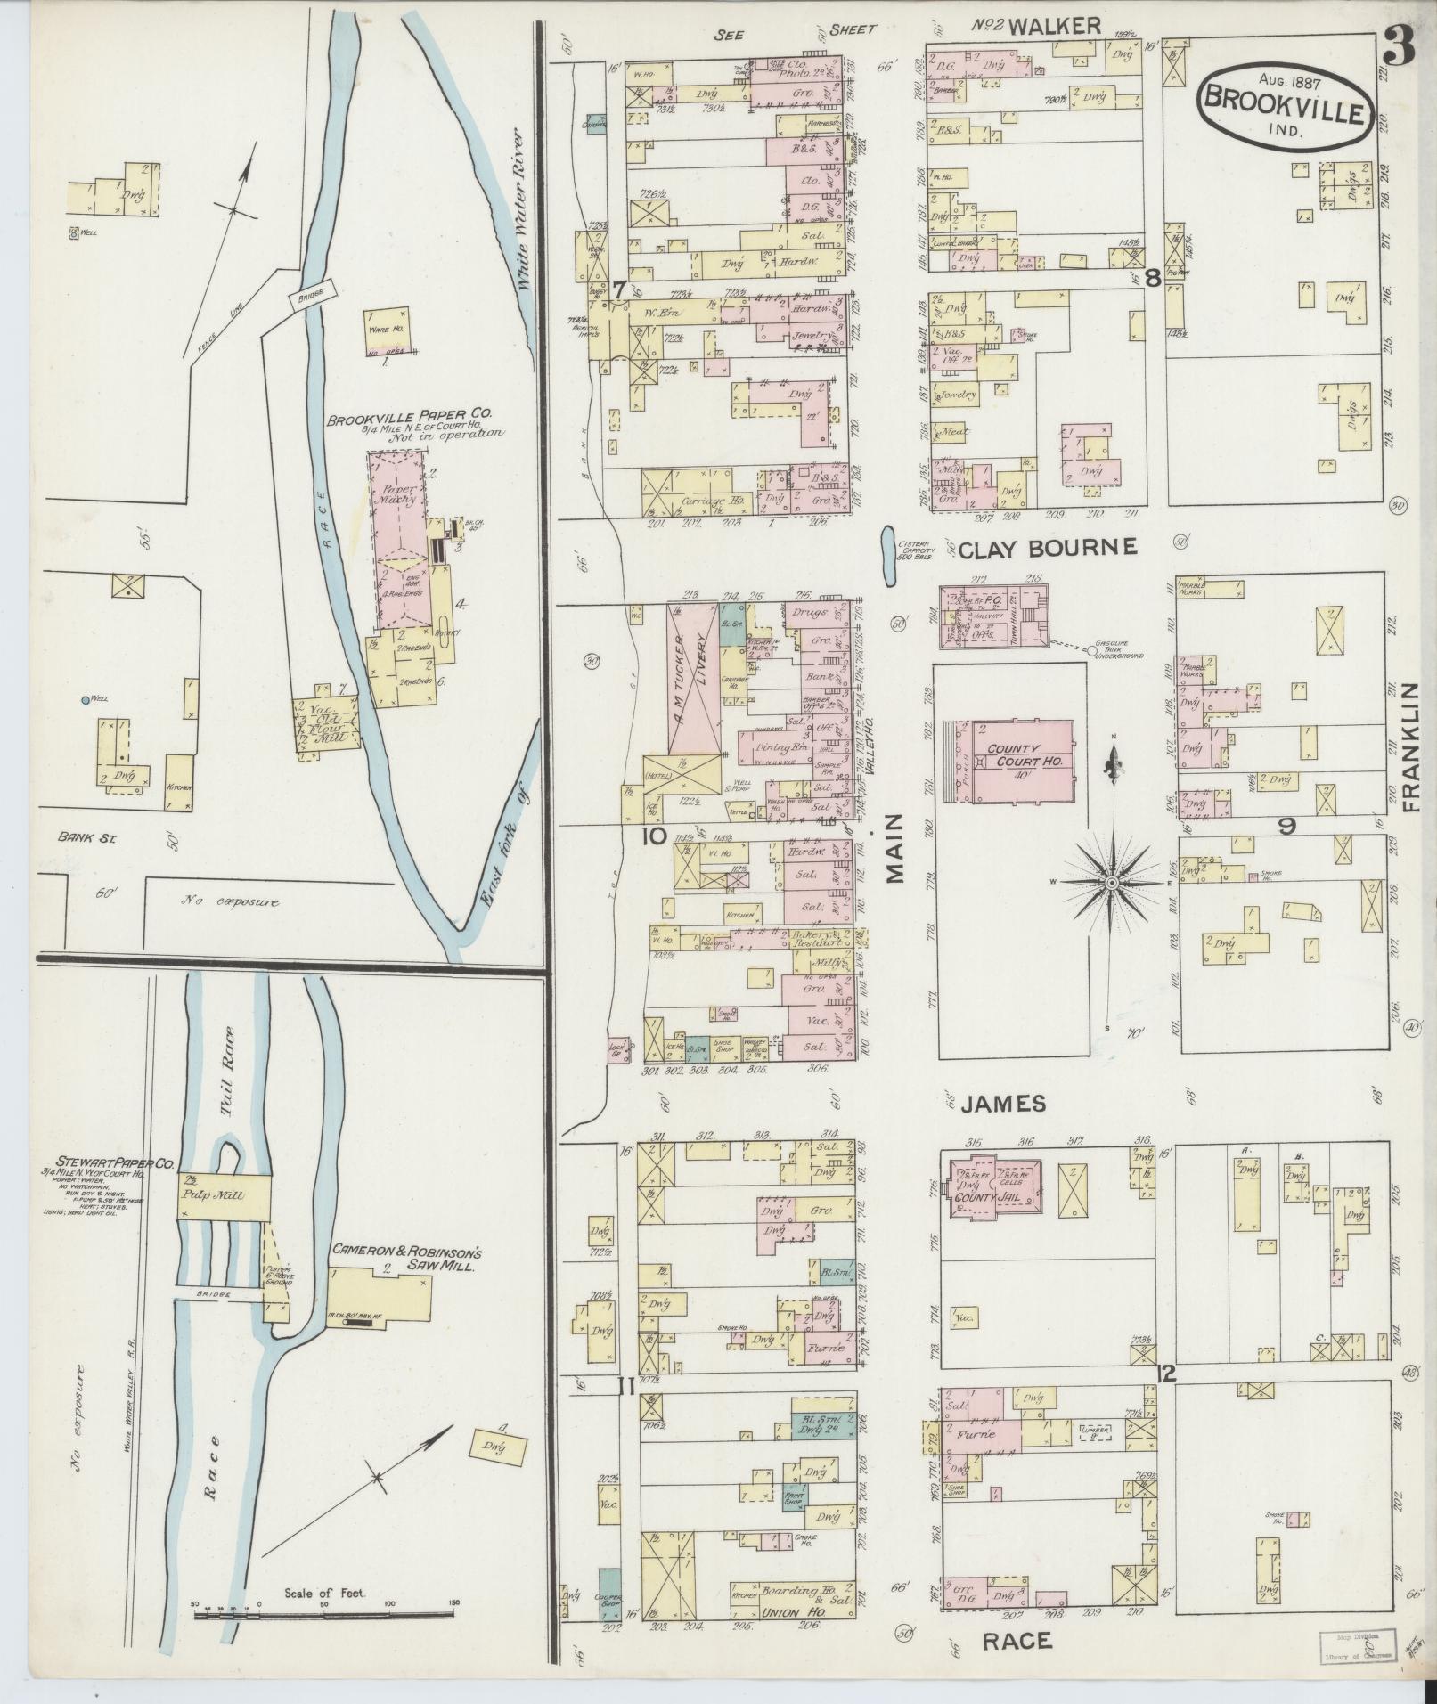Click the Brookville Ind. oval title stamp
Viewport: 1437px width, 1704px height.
click(x=1285, y=105)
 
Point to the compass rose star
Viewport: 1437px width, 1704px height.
click(x=1111, y=882)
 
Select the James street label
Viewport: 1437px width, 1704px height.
click(x=1003, y=1104)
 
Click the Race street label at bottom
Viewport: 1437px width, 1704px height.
click(x=1017, y=1641)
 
